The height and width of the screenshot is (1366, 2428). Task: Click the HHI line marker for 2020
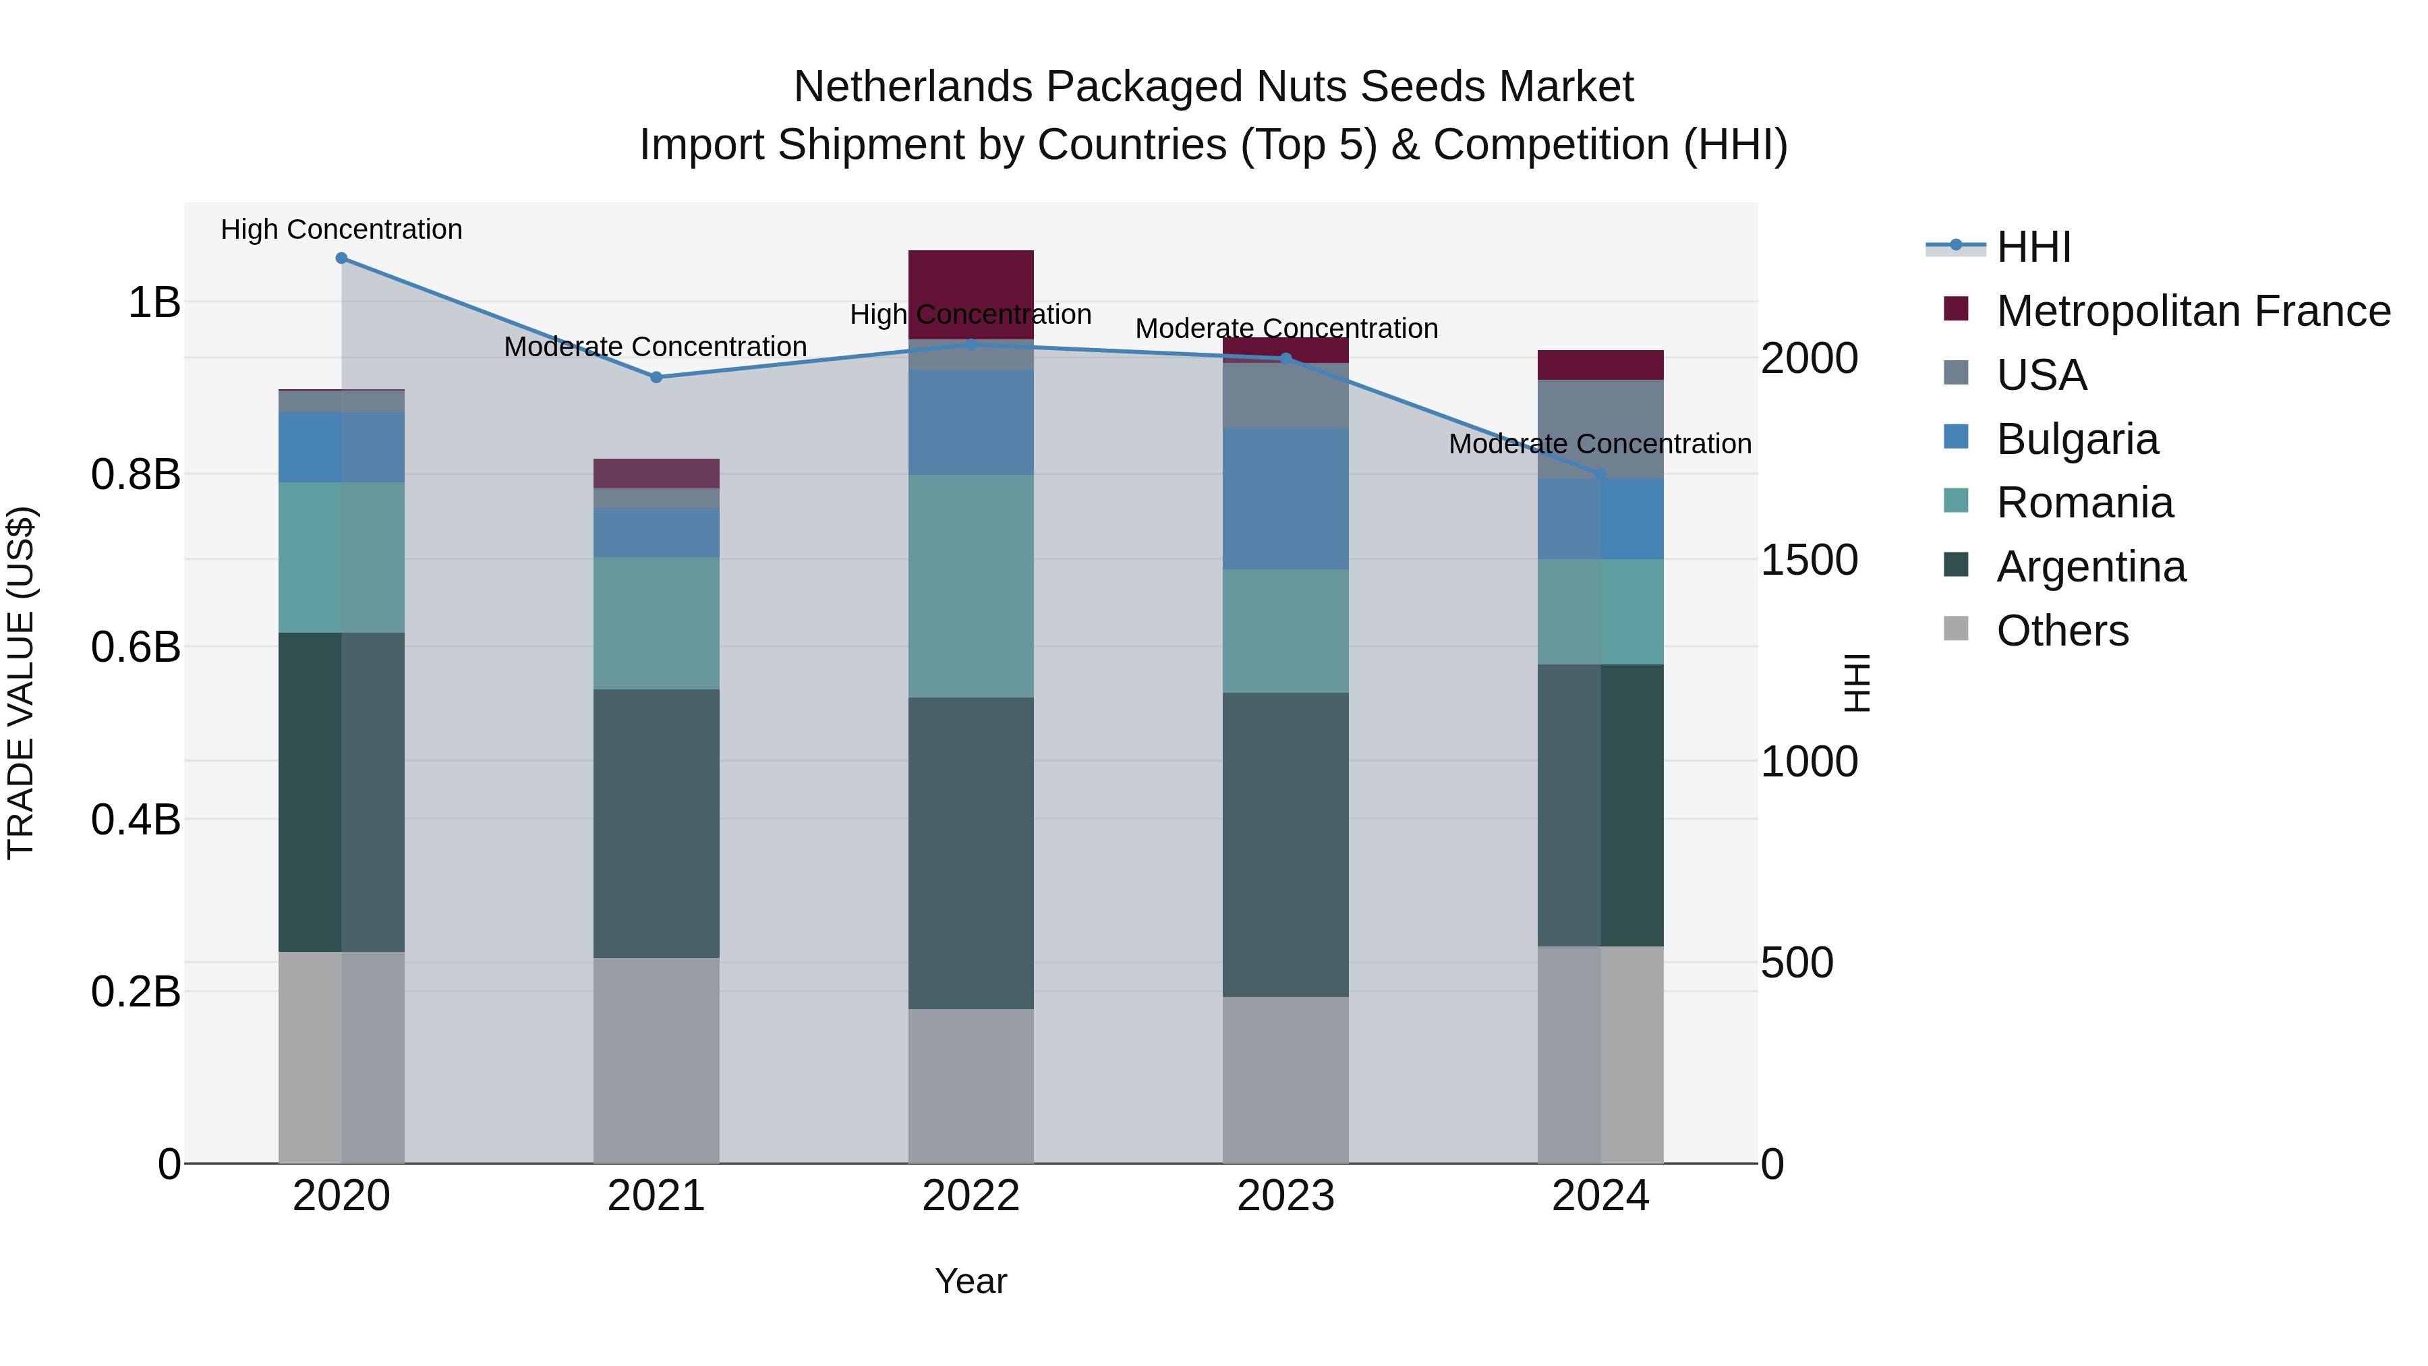click(341, 258)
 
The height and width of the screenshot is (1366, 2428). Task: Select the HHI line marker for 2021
click(656, 377)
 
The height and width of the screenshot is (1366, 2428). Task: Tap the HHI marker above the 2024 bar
click(1600, 474)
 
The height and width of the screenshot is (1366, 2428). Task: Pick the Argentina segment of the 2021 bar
click(656, 823)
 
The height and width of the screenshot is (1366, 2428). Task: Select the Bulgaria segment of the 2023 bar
click(1285, 498)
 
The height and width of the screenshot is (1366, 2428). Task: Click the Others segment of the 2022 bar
click(971, 1086)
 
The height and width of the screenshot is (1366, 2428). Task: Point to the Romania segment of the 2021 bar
click(656, 623)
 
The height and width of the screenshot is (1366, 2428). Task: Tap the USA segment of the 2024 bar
click(1600, 429)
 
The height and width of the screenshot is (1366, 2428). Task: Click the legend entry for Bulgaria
click(2077, 439)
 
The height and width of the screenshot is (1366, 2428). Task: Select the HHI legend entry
click(2033, 247)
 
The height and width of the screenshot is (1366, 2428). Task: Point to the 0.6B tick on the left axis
click(135, 648)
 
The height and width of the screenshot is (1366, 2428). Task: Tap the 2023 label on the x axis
click(1285, 1196)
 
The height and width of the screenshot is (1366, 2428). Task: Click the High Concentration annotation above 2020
click(341, 229)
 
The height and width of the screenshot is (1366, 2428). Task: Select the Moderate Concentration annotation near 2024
click(1600, 444)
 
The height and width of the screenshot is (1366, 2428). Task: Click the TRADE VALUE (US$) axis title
click(21, 683)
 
